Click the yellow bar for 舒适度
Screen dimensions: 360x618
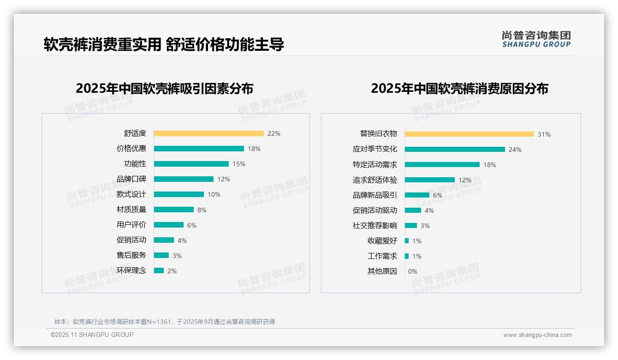pos(208,133)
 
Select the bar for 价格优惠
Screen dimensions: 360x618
pos(199,149)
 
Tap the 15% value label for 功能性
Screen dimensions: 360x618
pos(239,164)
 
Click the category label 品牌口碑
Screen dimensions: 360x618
pos(131,179)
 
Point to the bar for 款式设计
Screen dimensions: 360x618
pos(178,194)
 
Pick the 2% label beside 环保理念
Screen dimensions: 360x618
pos(172,271)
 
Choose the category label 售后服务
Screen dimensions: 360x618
pos(131,255)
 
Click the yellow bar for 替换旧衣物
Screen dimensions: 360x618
pos(469,134)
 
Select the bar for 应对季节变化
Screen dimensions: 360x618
pos(455,150)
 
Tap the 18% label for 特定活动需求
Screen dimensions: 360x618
pos(490,165)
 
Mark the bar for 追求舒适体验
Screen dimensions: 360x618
pos(429,180)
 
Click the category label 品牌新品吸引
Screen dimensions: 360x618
pos(374,195)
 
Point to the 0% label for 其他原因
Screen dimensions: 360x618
pos(413,271)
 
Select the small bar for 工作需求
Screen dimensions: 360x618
pos(407,256)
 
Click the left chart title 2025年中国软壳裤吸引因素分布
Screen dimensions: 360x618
pos(164,89)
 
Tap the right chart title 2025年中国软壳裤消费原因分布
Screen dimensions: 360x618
pos(459,89)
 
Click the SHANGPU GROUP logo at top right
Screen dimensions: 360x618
pos(536,39)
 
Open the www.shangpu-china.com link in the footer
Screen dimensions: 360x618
pos(537,335)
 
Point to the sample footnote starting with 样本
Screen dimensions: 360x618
pos(165,322)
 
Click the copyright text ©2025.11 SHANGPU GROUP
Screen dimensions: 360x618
pos(92,335)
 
